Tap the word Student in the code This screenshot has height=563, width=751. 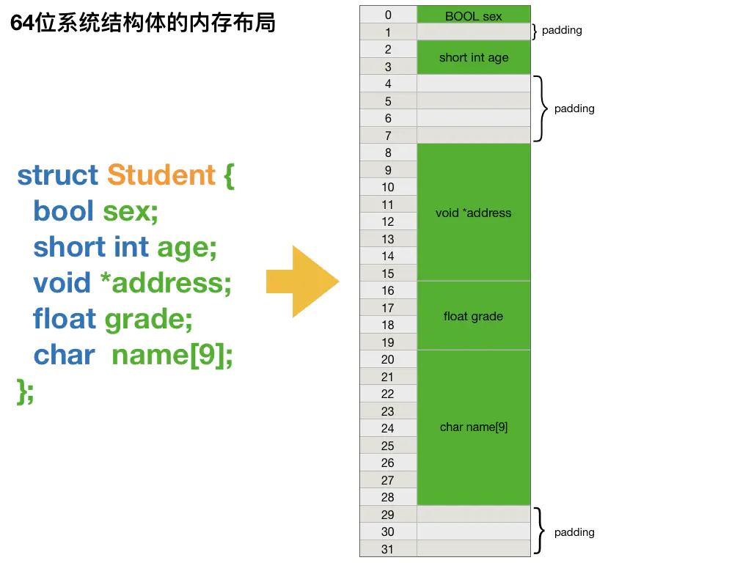[x=161, y=175]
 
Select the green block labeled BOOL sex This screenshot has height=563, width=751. [x=473, y=15]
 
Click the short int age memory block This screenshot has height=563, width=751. [x=473, y=58]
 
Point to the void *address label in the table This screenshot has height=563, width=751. [x=473, y=213]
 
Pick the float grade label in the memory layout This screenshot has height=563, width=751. [x=473, y=317]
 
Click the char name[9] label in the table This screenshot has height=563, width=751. [x=473, y=427]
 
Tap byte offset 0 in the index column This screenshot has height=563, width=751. [x=388, y=15]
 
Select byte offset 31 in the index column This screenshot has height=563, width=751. [x=388, y=549]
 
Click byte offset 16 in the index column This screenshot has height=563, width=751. [x=388, y=290]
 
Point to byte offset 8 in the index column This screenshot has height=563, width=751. [x=388, y=152]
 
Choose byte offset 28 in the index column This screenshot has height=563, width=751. [x=388, y=497]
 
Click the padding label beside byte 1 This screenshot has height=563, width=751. [x=562, y=31]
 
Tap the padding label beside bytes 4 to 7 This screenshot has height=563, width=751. [x=574, y=108]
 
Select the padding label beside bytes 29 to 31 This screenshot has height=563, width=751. [x=574, y=532]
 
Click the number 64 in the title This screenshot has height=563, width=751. [x=22, y=23]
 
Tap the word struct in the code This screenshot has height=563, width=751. [x=57, y=175]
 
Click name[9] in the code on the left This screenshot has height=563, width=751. [x=172, y=356]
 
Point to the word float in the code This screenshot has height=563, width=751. [x=65, y=320]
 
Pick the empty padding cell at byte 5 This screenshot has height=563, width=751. [x=473, y=101]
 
